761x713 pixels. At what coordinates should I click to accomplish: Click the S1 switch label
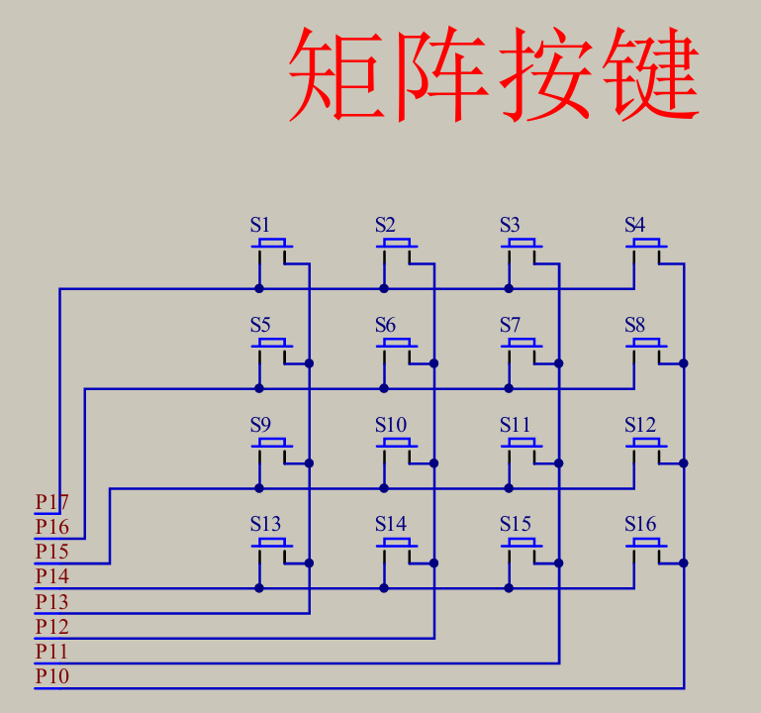coord(259,225)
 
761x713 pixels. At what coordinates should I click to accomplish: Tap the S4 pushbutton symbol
coord(647,245)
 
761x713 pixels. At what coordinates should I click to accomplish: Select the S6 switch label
coord(385,325)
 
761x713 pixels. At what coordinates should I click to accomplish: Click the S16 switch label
coord(639,524)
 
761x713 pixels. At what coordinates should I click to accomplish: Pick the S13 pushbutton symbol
coord(273,544)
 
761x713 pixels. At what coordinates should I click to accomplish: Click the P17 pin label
coord(52,502)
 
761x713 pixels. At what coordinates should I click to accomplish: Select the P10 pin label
coord(52,676)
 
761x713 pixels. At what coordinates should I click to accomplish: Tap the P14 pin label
coord(52,576)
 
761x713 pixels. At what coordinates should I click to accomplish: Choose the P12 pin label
coord(52,627)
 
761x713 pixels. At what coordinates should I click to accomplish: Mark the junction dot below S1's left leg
coord(259,288)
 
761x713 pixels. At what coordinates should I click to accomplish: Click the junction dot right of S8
coord(684,363)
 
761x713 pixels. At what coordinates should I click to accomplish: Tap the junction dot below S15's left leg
coord(509,587)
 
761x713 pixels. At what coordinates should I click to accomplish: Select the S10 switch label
coord(390,425)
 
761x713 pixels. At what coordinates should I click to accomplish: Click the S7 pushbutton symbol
coord(523,345)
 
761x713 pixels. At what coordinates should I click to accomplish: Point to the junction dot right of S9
coord(310,462)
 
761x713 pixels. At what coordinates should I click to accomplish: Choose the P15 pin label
coord(52,552)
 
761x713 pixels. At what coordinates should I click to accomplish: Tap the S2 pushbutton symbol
coord(398,245)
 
